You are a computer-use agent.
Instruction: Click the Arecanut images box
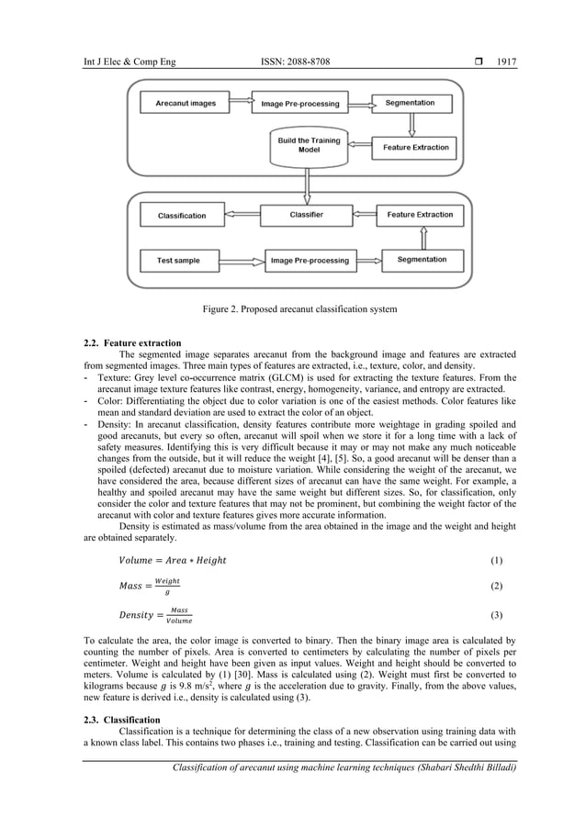coord(186,104)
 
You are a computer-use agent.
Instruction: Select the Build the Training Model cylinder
coord(303,146)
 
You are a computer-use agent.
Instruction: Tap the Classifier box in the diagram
coord(306,215)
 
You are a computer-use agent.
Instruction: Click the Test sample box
coord(177,261)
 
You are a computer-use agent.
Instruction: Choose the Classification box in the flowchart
coord(182,216)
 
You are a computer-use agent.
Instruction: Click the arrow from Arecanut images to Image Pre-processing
coord(238,104)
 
